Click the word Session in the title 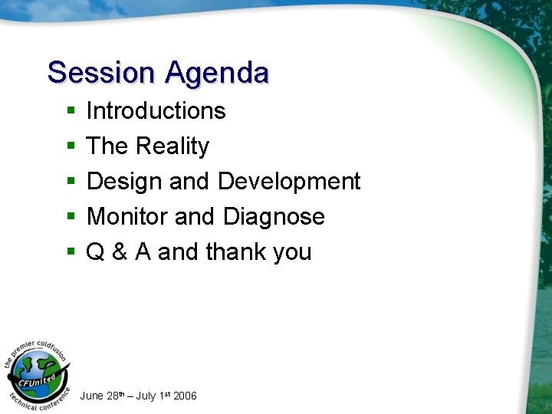(x=100, y=73)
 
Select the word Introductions (x=156, y=111)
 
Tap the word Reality (x=172, y=146)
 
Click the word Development (x=288, y=182)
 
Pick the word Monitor (x=127, y=217)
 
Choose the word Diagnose (x=274, y=217)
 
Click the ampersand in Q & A (x=120, y=252)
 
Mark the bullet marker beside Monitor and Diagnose (x=71, y=218)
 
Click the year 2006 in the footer (x=185, y=396)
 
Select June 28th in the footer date (x=100, y=396)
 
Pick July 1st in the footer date (x=153, y=396)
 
